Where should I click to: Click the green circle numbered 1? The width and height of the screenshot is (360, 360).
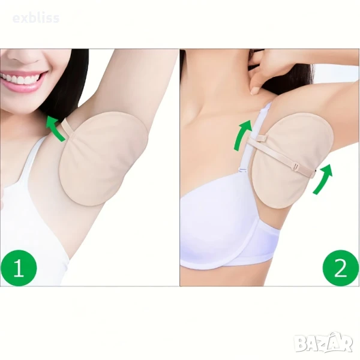click(x=19, y=268)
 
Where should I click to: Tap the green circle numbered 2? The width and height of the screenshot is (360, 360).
click(x=341, y=268)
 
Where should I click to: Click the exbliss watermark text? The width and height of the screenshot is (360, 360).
click(x=36, y=18)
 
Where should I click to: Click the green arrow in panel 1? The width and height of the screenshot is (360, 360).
click(x=55, y=127)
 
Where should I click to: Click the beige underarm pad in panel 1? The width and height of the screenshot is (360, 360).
click(x=103, y=158)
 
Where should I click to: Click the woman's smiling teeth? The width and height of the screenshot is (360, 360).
click(x=20, y=79)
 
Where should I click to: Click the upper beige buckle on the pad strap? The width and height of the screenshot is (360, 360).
click(x=263, y=139)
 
